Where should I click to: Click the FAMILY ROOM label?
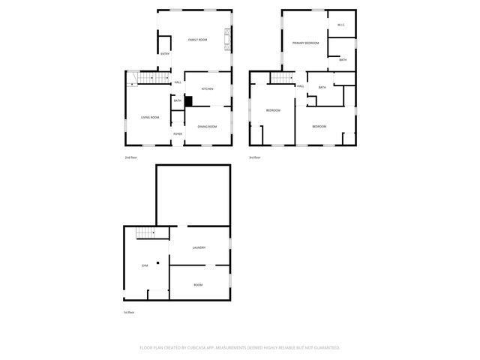point(197,39)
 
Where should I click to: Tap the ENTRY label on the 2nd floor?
point(165,54)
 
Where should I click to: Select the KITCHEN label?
point(207,89)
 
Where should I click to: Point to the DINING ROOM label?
point(207,127)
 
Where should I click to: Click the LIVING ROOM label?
point(150,118)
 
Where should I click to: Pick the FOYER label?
point(178,134)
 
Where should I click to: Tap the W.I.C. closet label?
point(340,25)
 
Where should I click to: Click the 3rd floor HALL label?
point(300,86)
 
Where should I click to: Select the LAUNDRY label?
point(199,247)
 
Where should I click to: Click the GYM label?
point(145,265)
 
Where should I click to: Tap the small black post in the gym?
point(158,261)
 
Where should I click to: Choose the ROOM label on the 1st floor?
point(198,285)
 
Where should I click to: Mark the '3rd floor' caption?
point(256,157)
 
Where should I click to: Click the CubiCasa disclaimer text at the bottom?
point(240,348)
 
